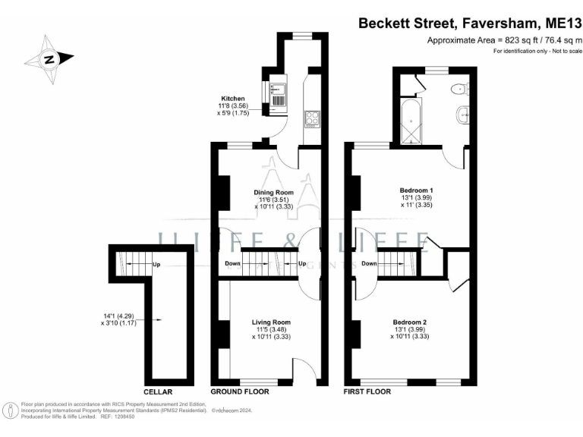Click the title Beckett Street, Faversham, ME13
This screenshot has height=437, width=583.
(x=469, y=24)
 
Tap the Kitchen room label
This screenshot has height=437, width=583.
(x=232, y=99)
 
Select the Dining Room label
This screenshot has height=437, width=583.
(x=273, y=192)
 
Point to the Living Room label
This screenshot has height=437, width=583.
(x=271, y=322)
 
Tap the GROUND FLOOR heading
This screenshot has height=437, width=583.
(x=240, y=391)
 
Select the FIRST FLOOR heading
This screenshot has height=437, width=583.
(x=367, y=391)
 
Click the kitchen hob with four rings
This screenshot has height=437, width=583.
(x=312, y=118)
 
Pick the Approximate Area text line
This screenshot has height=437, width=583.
(x=504, y=40)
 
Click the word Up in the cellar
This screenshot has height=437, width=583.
(x=156, y=265)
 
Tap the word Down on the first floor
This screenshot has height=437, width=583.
(x=370, y=263)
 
